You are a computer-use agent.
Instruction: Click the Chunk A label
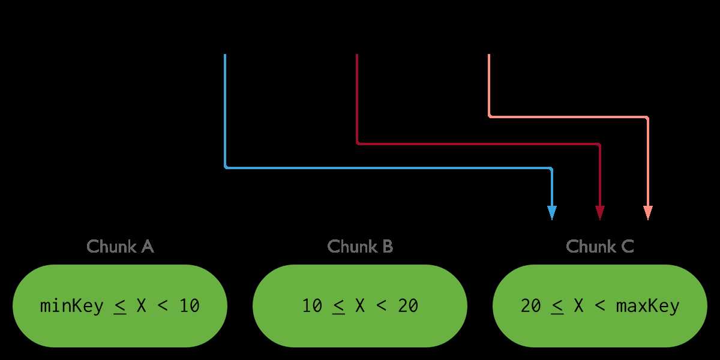tap(120, 247)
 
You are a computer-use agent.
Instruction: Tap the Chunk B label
tap(360, 247)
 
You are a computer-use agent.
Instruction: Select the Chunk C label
tap(599, 247)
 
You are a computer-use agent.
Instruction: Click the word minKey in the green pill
tap(71, 306)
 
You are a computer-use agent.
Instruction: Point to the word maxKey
tap(647, 306)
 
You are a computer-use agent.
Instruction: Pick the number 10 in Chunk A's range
tap(189, 306)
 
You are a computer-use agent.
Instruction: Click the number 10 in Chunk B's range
tap(312, 306)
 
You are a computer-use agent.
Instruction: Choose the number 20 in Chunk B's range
tap(408, 306)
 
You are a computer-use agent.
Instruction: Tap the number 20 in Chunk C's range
tap(531, 306)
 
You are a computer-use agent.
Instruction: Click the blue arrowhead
tap(552, 212)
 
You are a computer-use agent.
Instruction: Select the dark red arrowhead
tap(600, 212)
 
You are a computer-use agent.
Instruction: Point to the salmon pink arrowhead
tap(648, 212)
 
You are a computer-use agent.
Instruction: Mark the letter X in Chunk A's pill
tap(141, 306)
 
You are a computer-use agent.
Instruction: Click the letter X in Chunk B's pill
tap(360, 306)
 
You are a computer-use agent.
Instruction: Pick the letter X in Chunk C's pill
tap(578, 306)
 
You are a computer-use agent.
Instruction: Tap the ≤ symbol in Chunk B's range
tap(338, 307)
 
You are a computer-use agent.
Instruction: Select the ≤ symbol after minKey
tap(120, 307)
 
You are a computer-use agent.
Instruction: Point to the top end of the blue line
tap(225, 56)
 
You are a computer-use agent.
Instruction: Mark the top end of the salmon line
tap(489, 56)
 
